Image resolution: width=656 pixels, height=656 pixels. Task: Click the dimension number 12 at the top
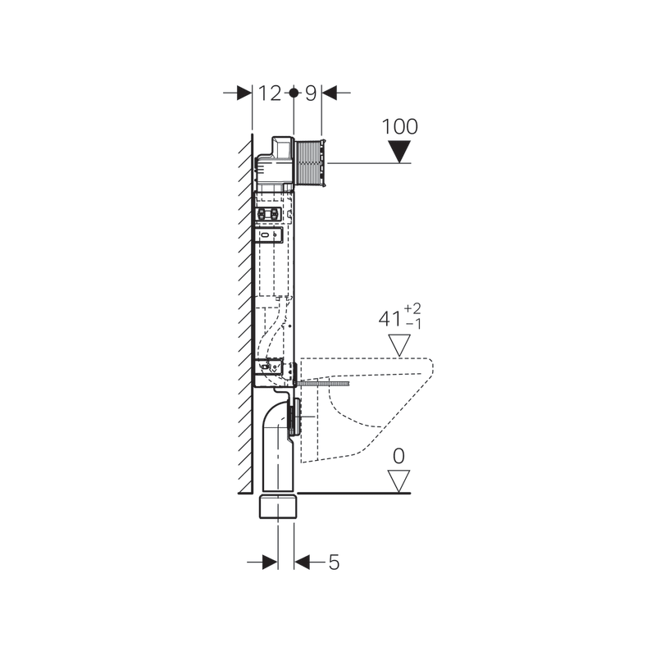270,93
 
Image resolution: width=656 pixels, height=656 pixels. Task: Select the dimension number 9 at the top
311,93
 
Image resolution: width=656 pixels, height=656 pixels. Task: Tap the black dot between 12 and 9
294,93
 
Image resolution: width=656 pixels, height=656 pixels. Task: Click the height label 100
399,126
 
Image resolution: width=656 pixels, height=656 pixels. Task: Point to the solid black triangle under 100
399,152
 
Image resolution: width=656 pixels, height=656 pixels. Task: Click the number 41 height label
390,319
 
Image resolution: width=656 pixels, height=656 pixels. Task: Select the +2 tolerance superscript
412,309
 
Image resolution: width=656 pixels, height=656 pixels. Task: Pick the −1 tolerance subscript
413,324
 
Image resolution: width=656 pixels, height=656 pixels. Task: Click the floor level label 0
399,456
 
